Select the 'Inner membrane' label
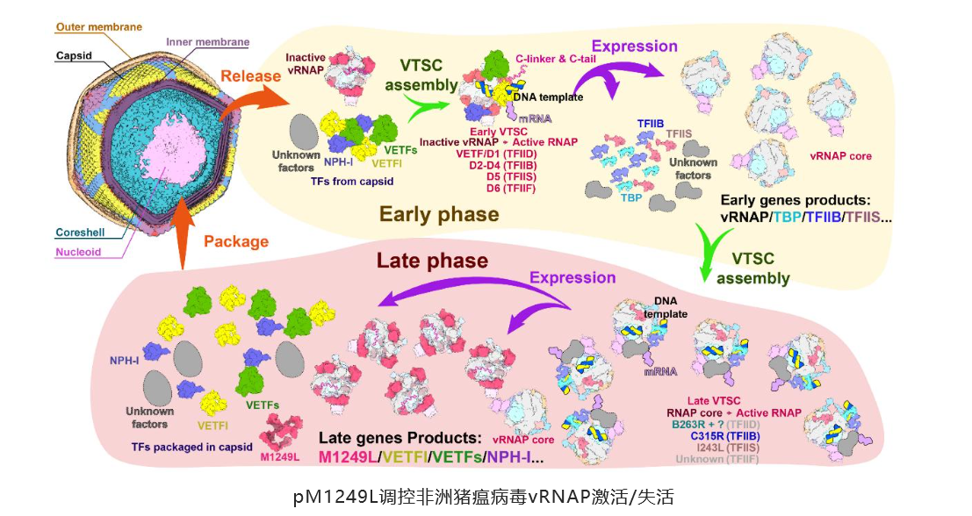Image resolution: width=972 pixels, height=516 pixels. click(207, 42)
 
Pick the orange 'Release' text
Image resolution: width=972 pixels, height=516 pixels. click(252, 75)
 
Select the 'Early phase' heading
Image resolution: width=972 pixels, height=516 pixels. click(439, 214)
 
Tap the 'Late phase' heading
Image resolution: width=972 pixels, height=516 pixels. click(432, 261)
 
